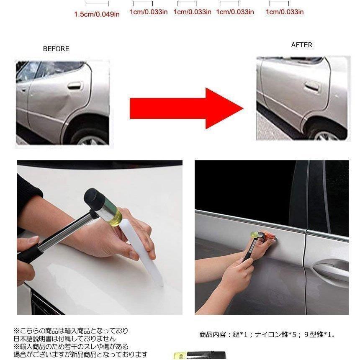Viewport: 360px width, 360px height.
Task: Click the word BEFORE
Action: click(56, 49)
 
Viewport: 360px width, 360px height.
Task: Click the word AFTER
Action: click(301, 45)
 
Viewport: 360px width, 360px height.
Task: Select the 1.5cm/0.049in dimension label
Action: click(97, 14)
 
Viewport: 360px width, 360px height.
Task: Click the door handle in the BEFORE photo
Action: click(75, 86)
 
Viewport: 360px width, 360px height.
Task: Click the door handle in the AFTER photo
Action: click(312, 87)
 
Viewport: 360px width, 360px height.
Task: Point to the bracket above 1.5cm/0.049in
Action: click(97, 4)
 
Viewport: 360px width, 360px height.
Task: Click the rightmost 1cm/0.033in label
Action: click(285, 12)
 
